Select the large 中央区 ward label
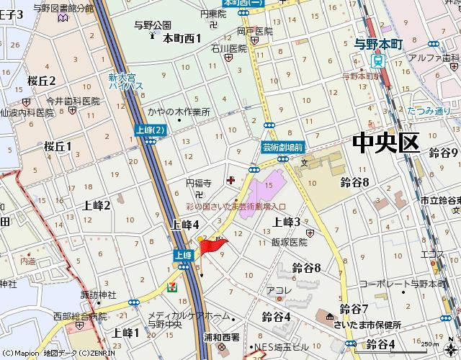click(x=385, y=143)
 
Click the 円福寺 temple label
click(x=198, y=184)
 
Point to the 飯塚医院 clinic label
click(x=290, y=242)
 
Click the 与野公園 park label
click(x=153, y=25)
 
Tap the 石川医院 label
click(x=229, y=49)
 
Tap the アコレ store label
click(x=279, y=291)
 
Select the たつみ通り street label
click(x=429, y=111)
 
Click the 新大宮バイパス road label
click(x=126, y=81)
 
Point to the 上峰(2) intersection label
click(x=150, y=130)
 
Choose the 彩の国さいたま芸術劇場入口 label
click(x=236, y=207)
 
